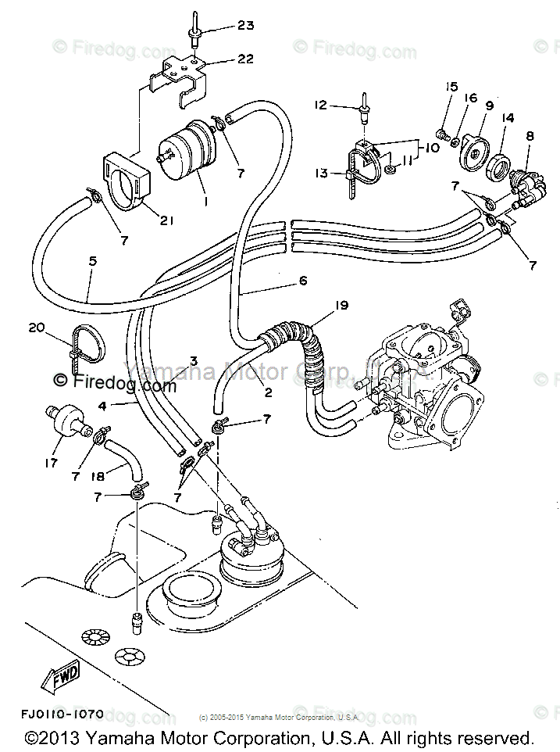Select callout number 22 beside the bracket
pyautogui.click(x=245, y=59)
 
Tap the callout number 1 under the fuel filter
pyautogui.click(x=205, y=202)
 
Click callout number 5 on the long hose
pyautogui.click(x=93, y=261)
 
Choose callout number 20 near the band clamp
pyautogui.click(x=36, y=328)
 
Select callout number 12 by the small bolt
pyautogui.click(x=320, y=104)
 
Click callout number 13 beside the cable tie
pyautogui.click(x=322, y=174)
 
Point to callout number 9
pyautogui.click(x=490, y=105)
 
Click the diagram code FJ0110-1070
pyautogui.click(x=62, y=714)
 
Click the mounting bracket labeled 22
pyautogui.click(x=181, y=78)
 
